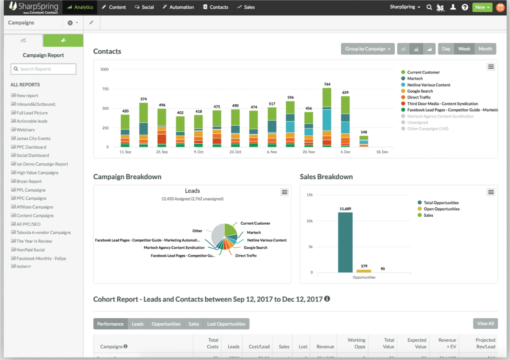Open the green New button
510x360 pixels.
pos(482,7)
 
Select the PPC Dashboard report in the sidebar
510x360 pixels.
pos(31,147)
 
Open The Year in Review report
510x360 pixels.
pos(34,241)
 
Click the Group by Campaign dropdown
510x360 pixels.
pos(367,49)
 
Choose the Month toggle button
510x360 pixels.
pos(485,49)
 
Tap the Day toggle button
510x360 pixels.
pos(446,49)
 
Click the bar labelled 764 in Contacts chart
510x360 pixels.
pos(327,117)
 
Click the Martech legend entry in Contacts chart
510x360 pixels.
pos(415,78)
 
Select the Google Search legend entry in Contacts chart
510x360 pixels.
pos(420,91)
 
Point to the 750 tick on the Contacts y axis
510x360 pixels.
pos(105,89)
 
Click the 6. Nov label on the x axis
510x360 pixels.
pos(272,152)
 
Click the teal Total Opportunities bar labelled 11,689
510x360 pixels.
pos(345,242)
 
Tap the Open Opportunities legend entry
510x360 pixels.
pos(441,209)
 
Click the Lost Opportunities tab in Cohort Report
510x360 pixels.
pos(226,324)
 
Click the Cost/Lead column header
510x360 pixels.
pos(259,347)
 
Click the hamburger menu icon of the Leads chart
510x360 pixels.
pos(285,192)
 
